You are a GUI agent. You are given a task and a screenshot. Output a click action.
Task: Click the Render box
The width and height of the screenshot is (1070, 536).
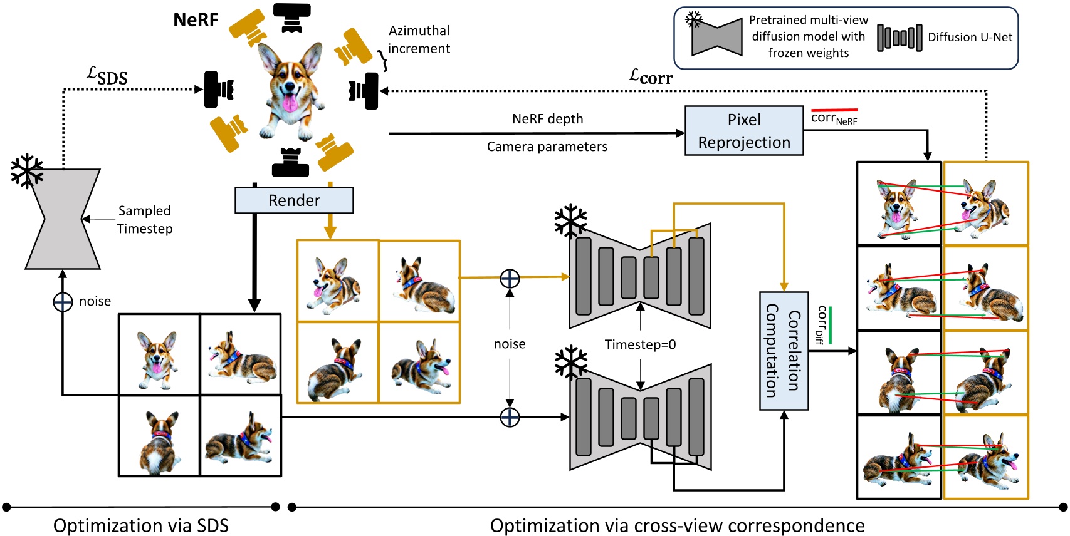(294, 200)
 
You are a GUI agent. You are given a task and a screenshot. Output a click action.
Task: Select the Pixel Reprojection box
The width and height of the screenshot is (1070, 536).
(744, 130)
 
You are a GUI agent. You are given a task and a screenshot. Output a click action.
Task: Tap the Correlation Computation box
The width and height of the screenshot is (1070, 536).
(784, 351)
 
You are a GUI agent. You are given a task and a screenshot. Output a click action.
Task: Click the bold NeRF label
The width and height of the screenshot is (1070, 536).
(196, 20)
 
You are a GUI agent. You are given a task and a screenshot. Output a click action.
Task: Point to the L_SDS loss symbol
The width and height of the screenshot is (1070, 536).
(107, 76)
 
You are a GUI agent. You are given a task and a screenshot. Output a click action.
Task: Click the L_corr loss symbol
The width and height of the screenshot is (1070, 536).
(651, 77)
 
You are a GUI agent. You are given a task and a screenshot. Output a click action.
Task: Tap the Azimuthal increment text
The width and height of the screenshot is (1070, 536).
(419, 39)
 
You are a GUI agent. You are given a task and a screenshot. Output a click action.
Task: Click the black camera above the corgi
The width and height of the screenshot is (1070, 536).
(292, 18)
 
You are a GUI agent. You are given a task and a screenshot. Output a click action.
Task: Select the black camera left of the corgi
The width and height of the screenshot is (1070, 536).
(219, 89)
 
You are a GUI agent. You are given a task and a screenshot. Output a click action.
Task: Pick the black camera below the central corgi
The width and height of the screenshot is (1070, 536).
(290, 163)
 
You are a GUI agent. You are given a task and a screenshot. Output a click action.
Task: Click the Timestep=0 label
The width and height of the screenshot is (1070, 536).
(640, 344)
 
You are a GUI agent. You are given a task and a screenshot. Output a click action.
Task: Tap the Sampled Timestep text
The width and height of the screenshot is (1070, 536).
(145, 220)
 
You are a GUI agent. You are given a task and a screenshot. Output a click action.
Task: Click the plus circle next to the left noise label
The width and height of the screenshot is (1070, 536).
(63, 302)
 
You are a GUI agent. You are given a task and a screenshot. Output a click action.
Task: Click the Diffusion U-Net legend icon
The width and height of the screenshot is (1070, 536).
(899, 38)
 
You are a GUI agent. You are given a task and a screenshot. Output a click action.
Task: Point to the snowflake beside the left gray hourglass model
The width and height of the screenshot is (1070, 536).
(27, 171)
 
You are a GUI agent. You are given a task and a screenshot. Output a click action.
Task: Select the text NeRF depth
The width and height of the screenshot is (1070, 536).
(547, 119)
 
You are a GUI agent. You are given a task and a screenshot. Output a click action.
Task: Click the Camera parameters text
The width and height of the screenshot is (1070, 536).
(547, 147)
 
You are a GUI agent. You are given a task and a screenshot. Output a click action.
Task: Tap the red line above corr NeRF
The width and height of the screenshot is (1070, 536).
(834, 110)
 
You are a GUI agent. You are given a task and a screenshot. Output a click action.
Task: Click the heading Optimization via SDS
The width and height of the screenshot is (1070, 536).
(141, 525)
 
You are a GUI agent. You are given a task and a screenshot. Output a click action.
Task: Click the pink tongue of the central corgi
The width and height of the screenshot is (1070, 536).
(290, 103)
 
